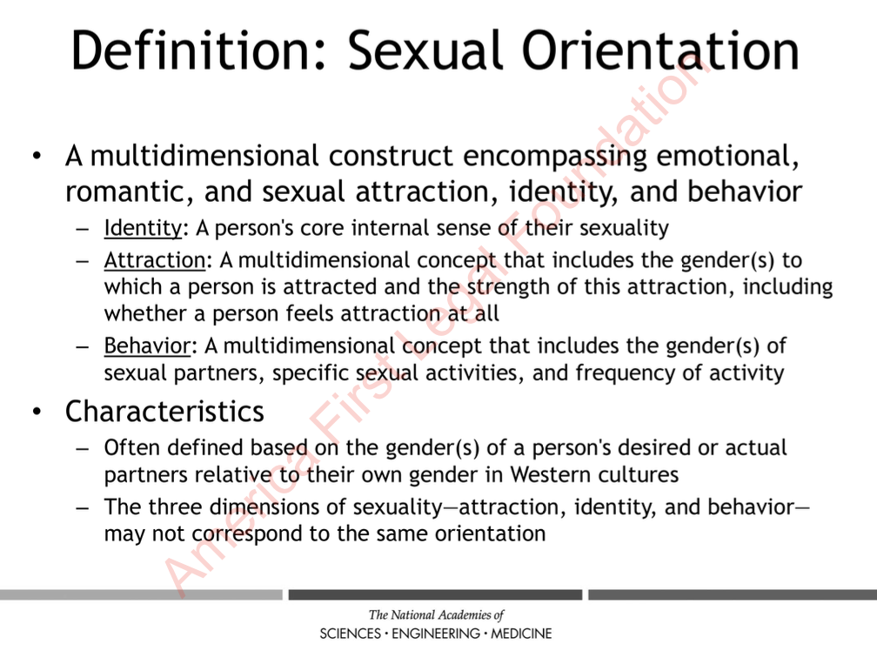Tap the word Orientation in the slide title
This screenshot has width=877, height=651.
[660, 50]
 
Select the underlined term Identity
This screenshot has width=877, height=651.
[143, 228]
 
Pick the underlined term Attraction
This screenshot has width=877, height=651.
[154, 260]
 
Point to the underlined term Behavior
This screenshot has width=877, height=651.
[147, 346]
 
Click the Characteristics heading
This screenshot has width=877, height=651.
[164, 412]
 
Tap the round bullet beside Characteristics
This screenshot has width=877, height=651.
[37, 413]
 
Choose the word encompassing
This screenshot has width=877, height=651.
[555, 156]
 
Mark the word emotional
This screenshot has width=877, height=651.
[727, 156]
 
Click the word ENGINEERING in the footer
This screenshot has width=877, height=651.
[436, 634]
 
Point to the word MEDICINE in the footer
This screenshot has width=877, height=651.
[521, 634]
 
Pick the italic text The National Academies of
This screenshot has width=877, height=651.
[436, 614]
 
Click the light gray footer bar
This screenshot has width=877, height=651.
[141, 594]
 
